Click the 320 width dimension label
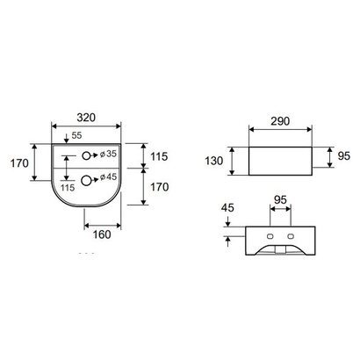86,118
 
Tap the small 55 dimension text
76,135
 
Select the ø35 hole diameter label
108,154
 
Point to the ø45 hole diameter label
108,176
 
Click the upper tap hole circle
86,155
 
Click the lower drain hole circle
86,181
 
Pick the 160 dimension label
102,234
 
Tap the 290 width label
280,121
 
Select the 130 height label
214,161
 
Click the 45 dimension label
227,208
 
